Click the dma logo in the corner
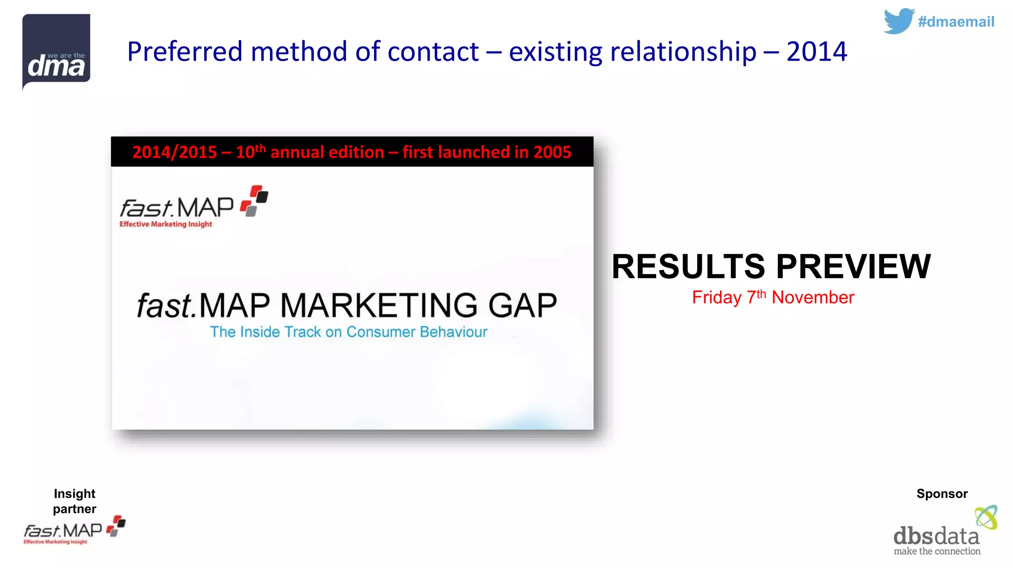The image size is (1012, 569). pyautogui.click(x=56, y=52)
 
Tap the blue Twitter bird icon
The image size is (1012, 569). pyautogui.click(x=898, y=21)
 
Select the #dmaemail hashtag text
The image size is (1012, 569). pyautogui.click(x=956, y=22)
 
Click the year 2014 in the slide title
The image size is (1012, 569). pyautogui.click(x=816, y=51)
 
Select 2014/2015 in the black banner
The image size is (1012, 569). pyautogui.click(x=174, y=152)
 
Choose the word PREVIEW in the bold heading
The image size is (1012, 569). pyautogui.click(x=853, y=267)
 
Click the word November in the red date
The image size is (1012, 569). pyautogui.click(x=813, y=297)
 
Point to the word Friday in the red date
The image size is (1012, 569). pyautogui.click(x=717, y=297)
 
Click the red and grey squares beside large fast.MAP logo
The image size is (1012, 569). pyautogui.click(x=254, y=201)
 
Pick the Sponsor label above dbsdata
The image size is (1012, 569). pyautogui.click(x=942, y=493)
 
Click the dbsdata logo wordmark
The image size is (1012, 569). pyautogui.click(x=936, y=537)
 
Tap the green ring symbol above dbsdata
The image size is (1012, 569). pyautogui.click(x=986, y=517)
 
